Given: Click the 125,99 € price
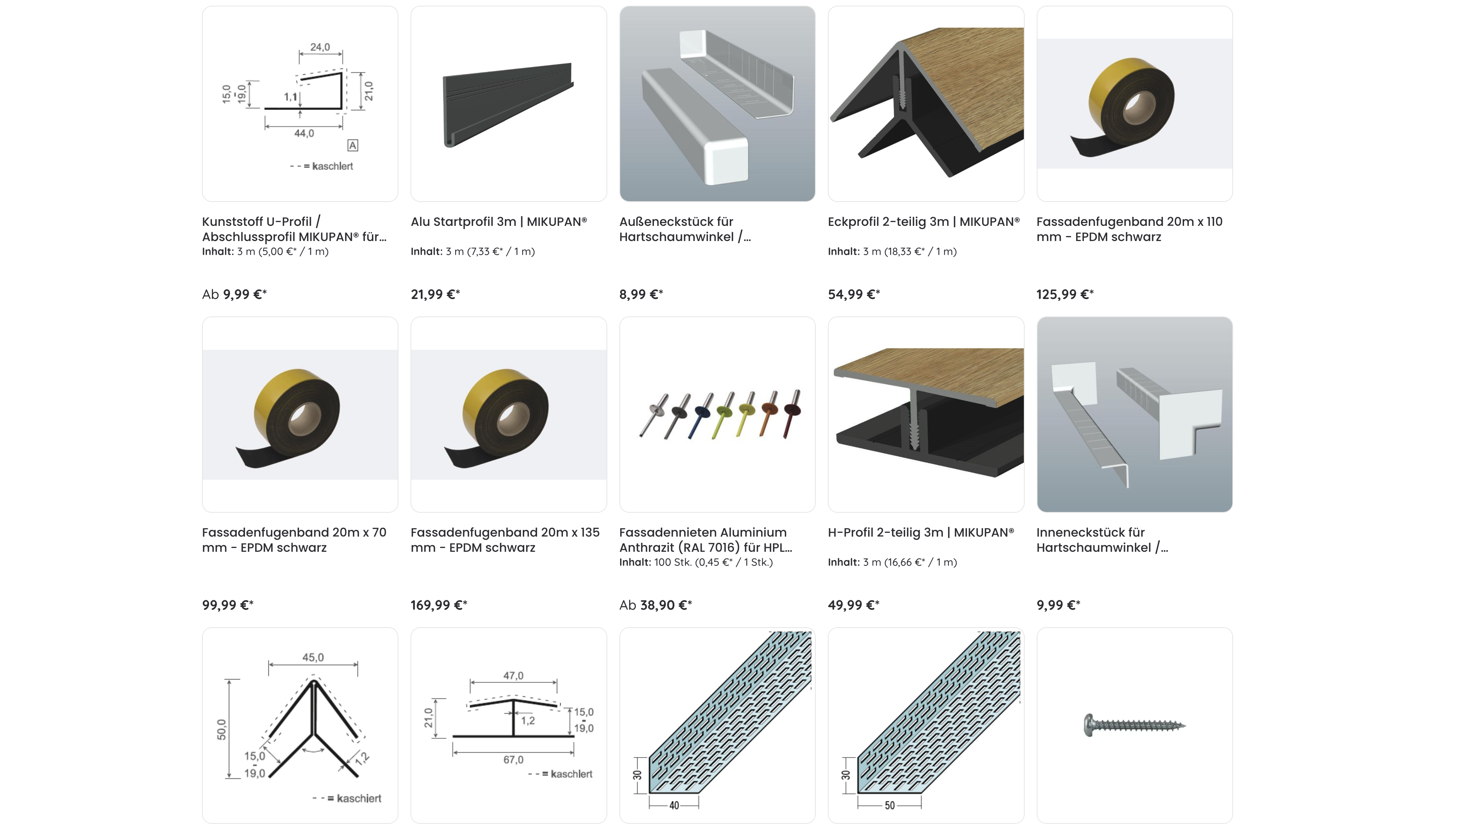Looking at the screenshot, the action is [1064, 294].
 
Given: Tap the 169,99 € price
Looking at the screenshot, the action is [439, 605].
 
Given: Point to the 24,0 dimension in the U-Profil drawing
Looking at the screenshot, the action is [320, 47].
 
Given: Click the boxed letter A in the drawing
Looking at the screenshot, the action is [353, 146].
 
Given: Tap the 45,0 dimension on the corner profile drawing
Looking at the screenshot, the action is [313, 658].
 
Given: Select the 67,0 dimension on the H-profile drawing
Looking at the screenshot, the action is [513, 759].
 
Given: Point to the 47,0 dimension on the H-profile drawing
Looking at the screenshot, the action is [513, 676].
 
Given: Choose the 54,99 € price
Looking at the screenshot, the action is [854, 294].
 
